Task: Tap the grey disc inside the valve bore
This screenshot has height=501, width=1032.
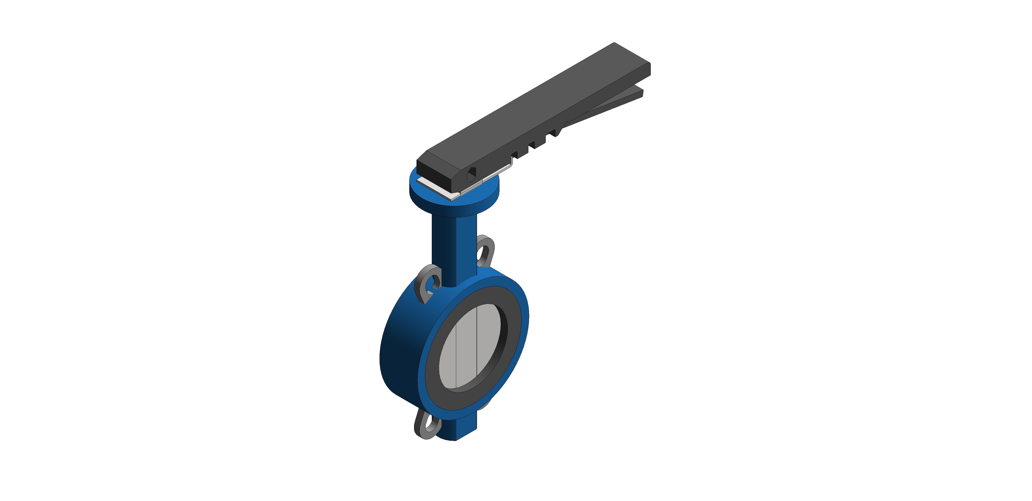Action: [x=469, y=346]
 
